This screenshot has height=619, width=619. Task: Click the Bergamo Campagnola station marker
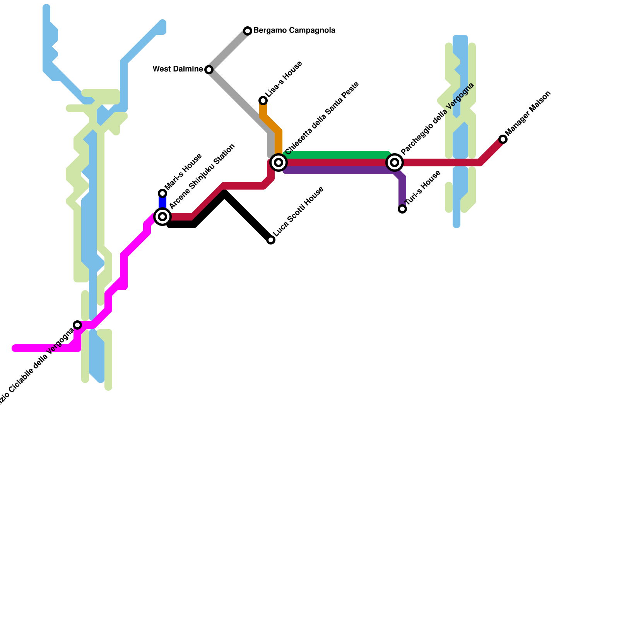pos(248,31)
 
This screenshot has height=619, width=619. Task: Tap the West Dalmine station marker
pos(209,70)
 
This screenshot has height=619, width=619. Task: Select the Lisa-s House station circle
pos(263,101)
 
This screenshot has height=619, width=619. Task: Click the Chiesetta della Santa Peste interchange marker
pos(279,162)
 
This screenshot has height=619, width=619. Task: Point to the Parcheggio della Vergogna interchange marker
pos(395,162)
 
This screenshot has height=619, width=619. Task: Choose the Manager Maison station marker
pos(503,139)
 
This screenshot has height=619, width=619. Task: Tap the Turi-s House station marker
pos(402,209)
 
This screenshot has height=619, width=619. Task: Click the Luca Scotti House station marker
pos(271,240)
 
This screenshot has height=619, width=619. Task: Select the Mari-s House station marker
pos(162,193)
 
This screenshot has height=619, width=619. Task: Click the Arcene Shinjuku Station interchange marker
pos(162,217)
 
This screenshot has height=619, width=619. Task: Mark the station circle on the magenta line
pos(77,325)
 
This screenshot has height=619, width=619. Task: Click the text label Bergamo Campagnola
pos(294,31)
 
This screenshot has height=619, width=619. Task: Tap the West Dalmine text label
pos(178,69)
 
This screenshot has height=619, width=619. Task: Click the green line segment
pos(337,155)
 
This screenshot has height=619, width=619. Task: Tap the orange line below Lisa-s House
pos(278,139)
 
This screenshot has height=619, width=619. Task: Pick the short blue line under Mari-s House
pos(162,203)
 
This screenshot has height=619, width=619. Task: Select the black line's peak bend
pos(225,194)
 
